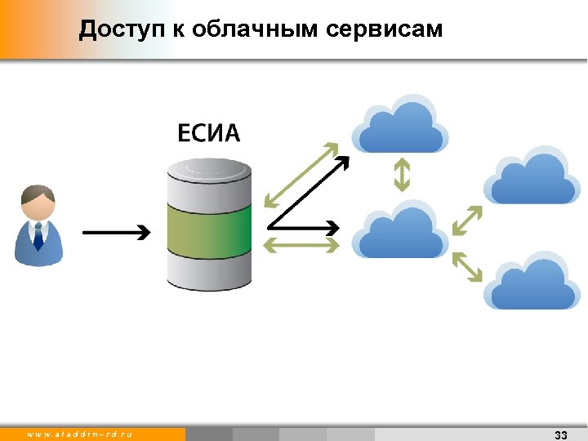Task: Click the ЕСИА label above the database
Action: (x=209, y=132)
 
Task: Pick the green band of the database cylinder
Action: (x=209, y=229)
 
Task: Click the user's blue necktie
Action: (x=38, y=236)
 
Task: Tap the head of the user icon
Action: (x=38, y=203)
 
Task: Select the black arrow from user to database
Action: (x=116, y=233)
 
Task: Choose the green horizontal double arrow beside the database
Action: (x=301, y=244)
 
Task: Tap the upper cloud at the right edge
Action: (x=532, y=176)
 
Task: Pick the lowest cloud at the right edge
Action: (x=532, y=282)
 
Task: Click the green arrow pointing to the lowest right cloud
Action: (x=466, y=267)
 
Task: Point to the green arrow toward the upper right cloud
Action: (x=466, y=221)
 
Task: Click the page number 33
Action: (x=560, y=434)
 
